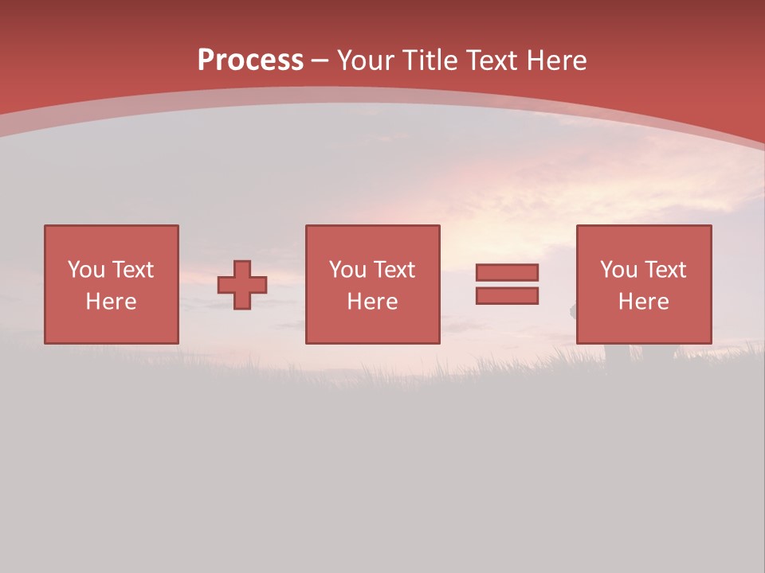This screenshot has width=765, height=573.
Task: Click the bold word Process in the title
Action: pos(250,60)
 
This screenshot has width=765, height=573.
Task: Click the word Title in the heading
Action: pos(430,60)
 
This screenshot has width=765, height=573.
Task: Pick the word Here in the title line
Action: pos(558,60)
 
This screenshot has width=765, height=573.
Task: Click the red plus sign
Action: pos(242,285)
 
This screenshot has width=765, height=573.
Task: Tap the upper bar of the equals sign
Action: pos(507,272)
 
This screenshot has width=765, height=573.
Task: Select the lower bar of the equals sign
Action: pos(507,296)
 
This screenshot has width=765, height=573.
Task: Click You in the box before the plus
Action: pos(86,270)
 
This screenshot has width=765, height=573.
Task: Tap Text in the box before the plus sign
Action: pos(132,270)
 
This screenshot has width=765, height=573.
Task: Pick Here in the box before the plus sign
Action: pos(111,302)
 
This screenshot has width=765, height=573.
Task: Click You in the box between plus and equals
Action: pos(347,270)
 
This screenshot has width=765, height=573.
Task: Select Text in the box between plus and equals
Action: pos(394,270)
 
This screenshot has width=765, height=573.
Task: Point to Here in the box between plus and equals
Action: pos(372,302)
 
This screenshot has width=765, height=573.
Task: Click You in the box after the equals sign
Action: pos(618,270)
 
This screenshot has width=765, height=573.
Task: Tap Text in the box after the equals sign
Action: pos(665,270)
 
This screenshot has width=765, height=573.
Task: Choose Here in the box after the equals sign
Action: pos(643,302)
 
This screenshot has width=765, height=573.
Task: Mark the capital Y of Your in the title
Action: pos(344,60)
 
